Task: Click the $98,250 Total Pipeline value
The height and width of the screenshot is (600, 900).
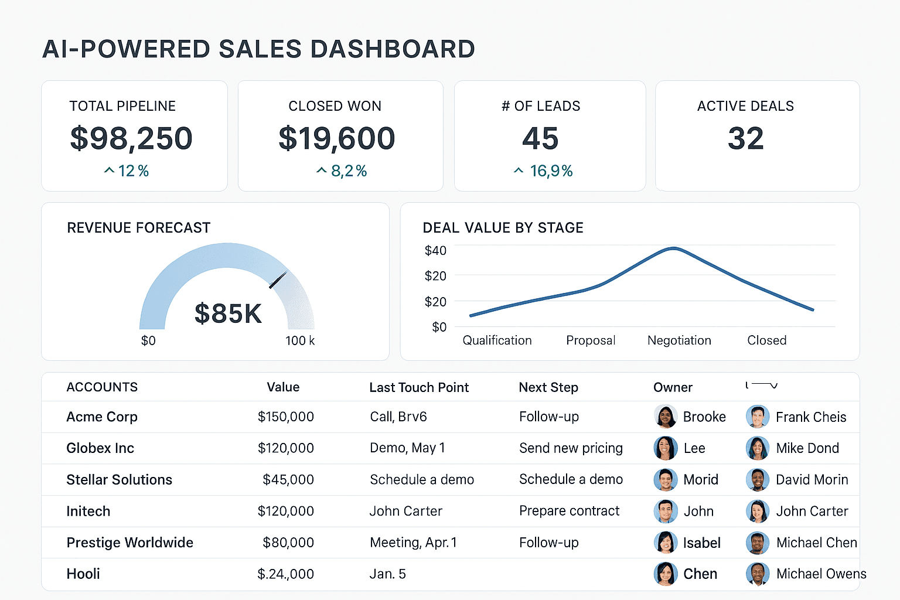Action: [x=131, y=138]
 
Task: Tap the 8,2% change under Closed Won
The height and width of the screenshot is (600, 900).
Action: [x=348, y=171]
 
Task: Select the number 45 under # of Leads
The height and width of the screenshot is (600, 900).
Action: [x=540, y=139]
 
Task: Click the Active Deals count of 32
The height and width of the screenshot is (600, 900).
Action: [x=745, y=139]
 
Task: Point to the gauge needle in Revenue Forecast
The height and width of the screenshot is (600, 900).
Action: [x=278, y=280]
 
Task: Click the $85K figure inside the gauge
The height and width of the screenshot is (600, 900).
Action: [x=228, y=313]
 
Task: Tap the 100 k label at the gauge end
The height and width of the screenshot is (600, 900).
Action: [x=300, y=340]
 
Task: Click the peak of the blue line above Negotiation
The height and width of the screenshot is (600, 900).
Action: [x=674, y=248]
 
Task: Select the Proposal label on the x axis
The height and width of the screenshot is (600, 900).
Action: [x=591, y=340]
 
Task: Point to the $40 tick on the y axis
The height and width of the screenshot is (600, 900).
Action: [x=435, y=251]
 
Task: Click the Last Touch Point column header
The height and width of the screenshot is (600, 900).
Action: [x=419, y=387]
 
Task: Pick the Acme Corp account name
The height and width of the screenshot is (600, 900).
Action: [x=102, y=417]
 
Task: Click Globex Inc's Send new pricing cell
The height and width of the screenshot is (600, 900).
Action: [x=571, y=448]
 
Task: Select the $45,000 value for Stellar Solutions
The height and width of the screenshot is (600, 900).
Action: [x=288, y=480]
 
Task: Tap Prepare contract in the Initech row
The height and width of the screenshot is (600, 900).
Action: [x=569, y=511]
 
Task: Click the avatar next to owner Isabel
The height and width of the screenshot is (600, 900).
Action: [x=666, y=543]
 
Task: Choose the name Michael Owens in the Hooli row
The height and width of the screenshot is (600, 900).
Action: [x=821, y=574]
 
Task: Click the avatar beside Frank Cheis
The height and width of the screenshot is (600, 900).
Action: [x=757, y=417]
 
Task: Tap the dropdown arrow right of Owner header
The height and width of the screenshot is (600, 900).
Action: [x=773, y=386]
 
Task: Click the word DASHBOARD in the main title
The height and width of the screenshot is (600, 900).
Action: [x=392, y=49]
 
